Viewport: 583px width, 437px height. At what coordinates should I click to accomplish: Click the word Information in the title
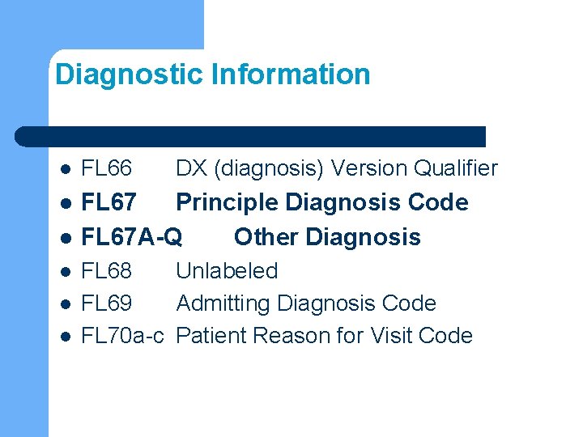pos(291,75)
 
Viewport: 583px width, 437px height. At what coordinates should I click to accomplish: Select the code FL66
pos(107,169)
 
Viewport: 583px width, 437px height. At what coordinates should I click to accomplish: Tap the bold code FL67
pos(109,202)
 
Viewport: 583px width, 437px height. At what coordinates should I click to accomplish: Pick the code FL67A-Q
pos(132,237)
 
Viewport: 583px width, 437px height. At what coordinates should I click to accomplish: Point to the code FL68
pos(107,271)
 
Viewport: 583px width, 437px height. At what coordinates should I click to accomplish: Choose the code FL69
pos(107,303)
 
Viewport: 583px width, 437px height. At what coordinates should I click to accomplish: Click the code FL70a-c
pos(125,336)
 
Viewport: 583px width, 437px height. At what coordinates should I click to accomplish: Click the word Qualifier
pos(456,169)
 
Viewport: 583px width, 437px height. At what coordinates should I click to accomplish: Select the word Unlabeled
pos(227,271)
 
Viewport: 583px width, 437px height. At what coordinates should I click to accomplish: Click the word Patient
pos(209,336)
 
